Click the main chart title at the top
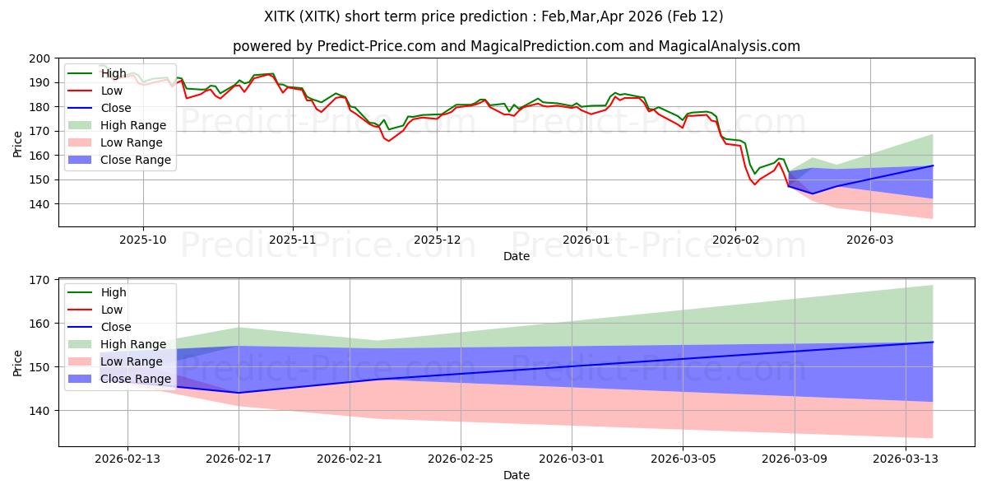tap(493, 16)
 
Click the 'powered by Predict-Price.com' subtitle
tap(516, 46)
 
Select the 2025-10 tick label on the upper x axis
tap(143, 239)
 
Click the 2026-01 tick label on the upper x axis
tap(586, 239)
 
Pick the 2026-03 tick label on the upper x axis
tap(870, 239)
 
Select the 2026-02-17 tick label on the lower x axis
tap(239, 458)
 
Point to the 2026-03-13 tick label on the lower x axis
tap(906, 458)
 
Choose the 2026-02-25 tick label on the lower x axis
tap(461, 458)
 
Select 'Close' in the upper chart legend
tap(116, 108)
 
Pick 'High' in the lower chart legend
tap(114, 292)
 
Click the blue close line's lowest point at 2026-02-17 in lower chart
tap(239, 393)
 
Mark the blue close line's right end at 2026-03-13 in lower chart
tap(933, 342)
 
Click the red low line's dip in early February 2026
tap(754, 184)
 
